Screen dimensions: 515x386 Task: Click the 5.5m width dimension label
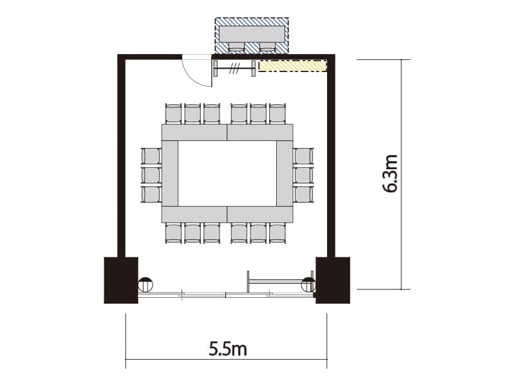click(228, 349)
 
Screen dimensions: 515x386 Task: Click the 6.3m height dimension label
click(391, 173)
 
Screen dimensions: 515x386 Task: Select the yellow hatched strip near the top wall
click(294, 66)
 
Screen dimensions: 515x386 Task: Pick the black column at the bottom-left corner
click(121, 280)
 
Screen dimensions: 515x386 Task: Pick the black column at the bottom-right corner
click(333, 280)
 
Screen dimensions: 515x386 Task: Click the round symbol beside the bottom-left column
click(145, 284)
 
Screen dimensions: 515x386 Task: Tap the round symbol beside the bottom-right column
click(308, 284)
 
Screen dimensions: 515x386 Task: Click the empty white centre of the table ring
click(227, 173)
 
